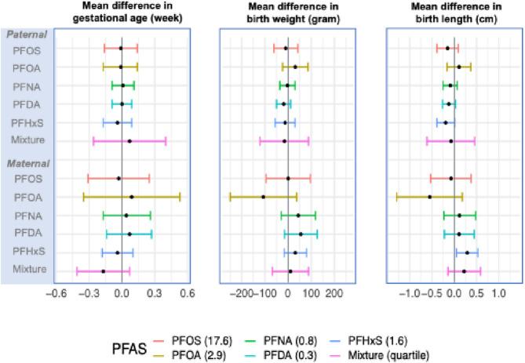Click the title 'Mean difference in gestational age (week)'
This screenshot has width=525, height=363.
coord(121,13)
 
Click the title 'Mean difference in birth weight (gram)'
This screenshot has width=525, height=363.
coord(287,13)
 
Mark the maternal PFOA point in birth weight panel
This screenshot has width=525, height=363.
coord(263,197)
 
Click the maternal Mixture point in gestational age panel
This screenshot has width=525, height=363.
coord(103,270)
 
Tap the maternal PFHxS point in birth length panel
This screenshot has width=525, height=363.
coord(467,252)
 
